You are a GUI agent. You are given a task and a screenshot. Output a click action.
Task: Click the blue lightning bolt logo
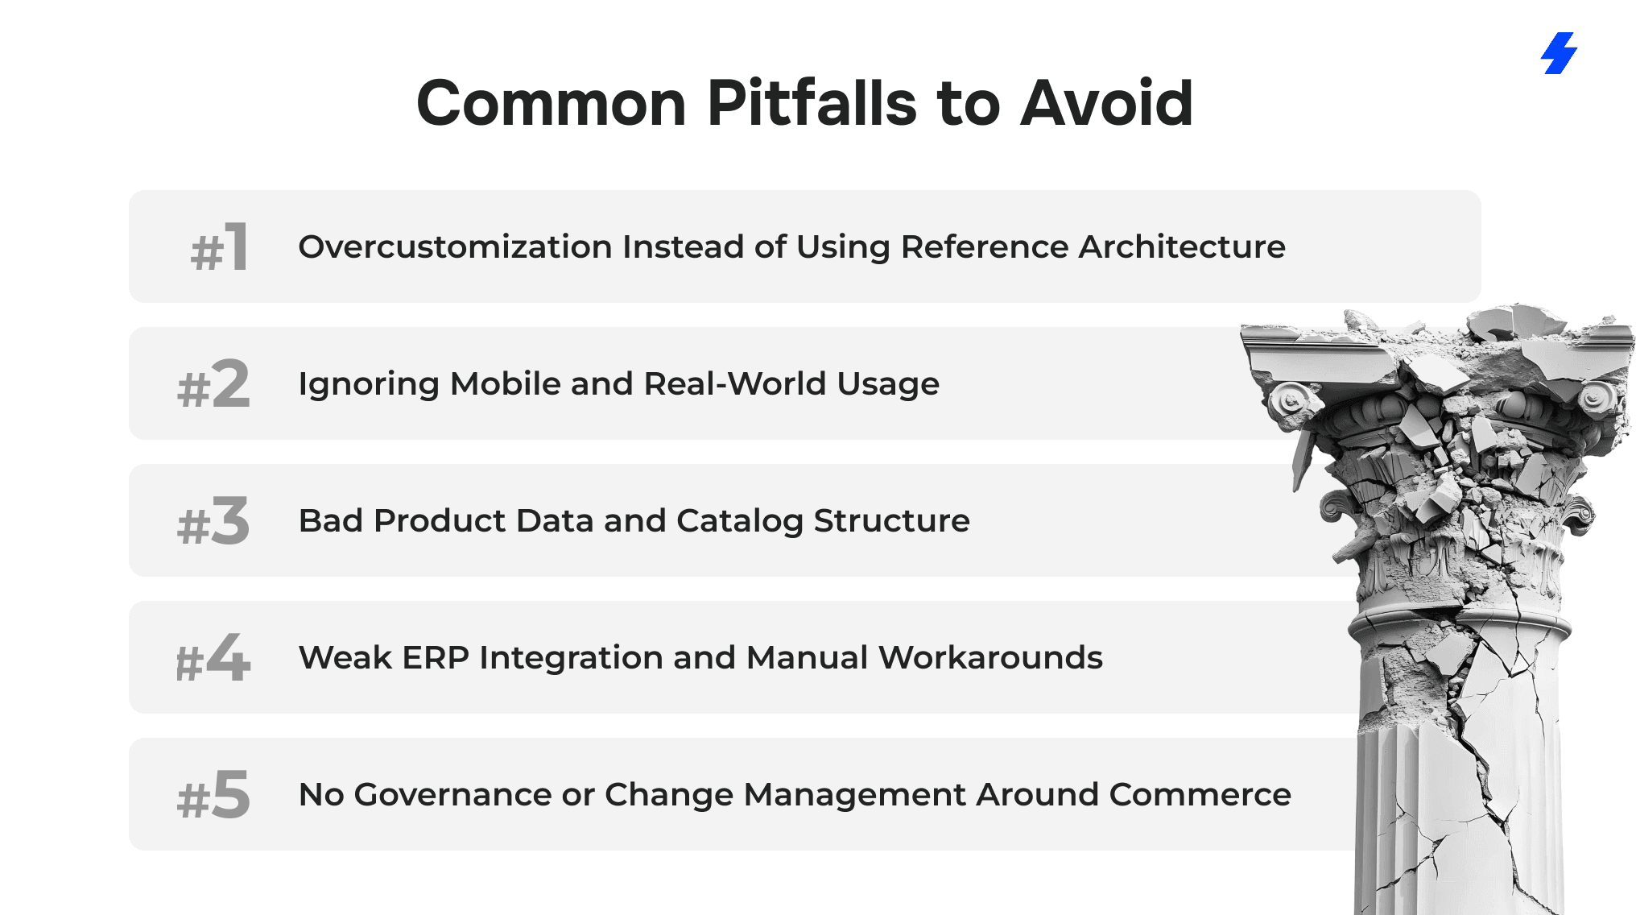click(1560, 53)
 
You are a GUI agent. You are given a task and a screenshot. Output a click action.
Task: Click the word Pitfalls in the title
click(812, 103)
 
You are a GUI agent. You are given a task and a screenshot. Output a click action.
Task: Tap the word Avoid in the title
click(1106, 103)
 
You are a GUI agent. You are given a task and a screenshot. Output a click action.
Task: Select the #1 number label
click(219, 246)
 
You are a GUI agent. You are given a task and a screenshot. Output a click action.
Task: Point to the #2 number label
click(213, 383)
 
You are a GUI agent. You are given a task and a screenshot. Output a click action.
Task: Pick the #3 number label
click(213, 520)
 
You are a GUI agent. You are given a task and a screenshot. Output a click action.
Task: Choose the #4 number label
click(213, 657)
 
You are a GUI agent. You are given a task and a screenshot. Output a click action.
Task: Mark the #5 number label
click(213, 794)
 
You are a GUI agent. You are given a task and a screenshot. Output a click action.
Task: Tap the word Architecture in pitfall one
click(1182, 246)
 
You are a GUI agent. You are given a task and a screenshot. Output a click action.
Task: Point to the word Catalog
click(740, 521)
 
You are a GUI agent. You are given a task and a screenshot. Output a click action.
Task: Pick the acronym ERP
click(436, 657)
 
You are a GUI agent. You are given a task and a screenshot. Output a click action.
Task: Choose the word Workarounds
click(990, 657)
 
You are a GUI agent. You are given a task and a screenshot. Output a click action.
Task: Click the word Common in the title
click(552, 103)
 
